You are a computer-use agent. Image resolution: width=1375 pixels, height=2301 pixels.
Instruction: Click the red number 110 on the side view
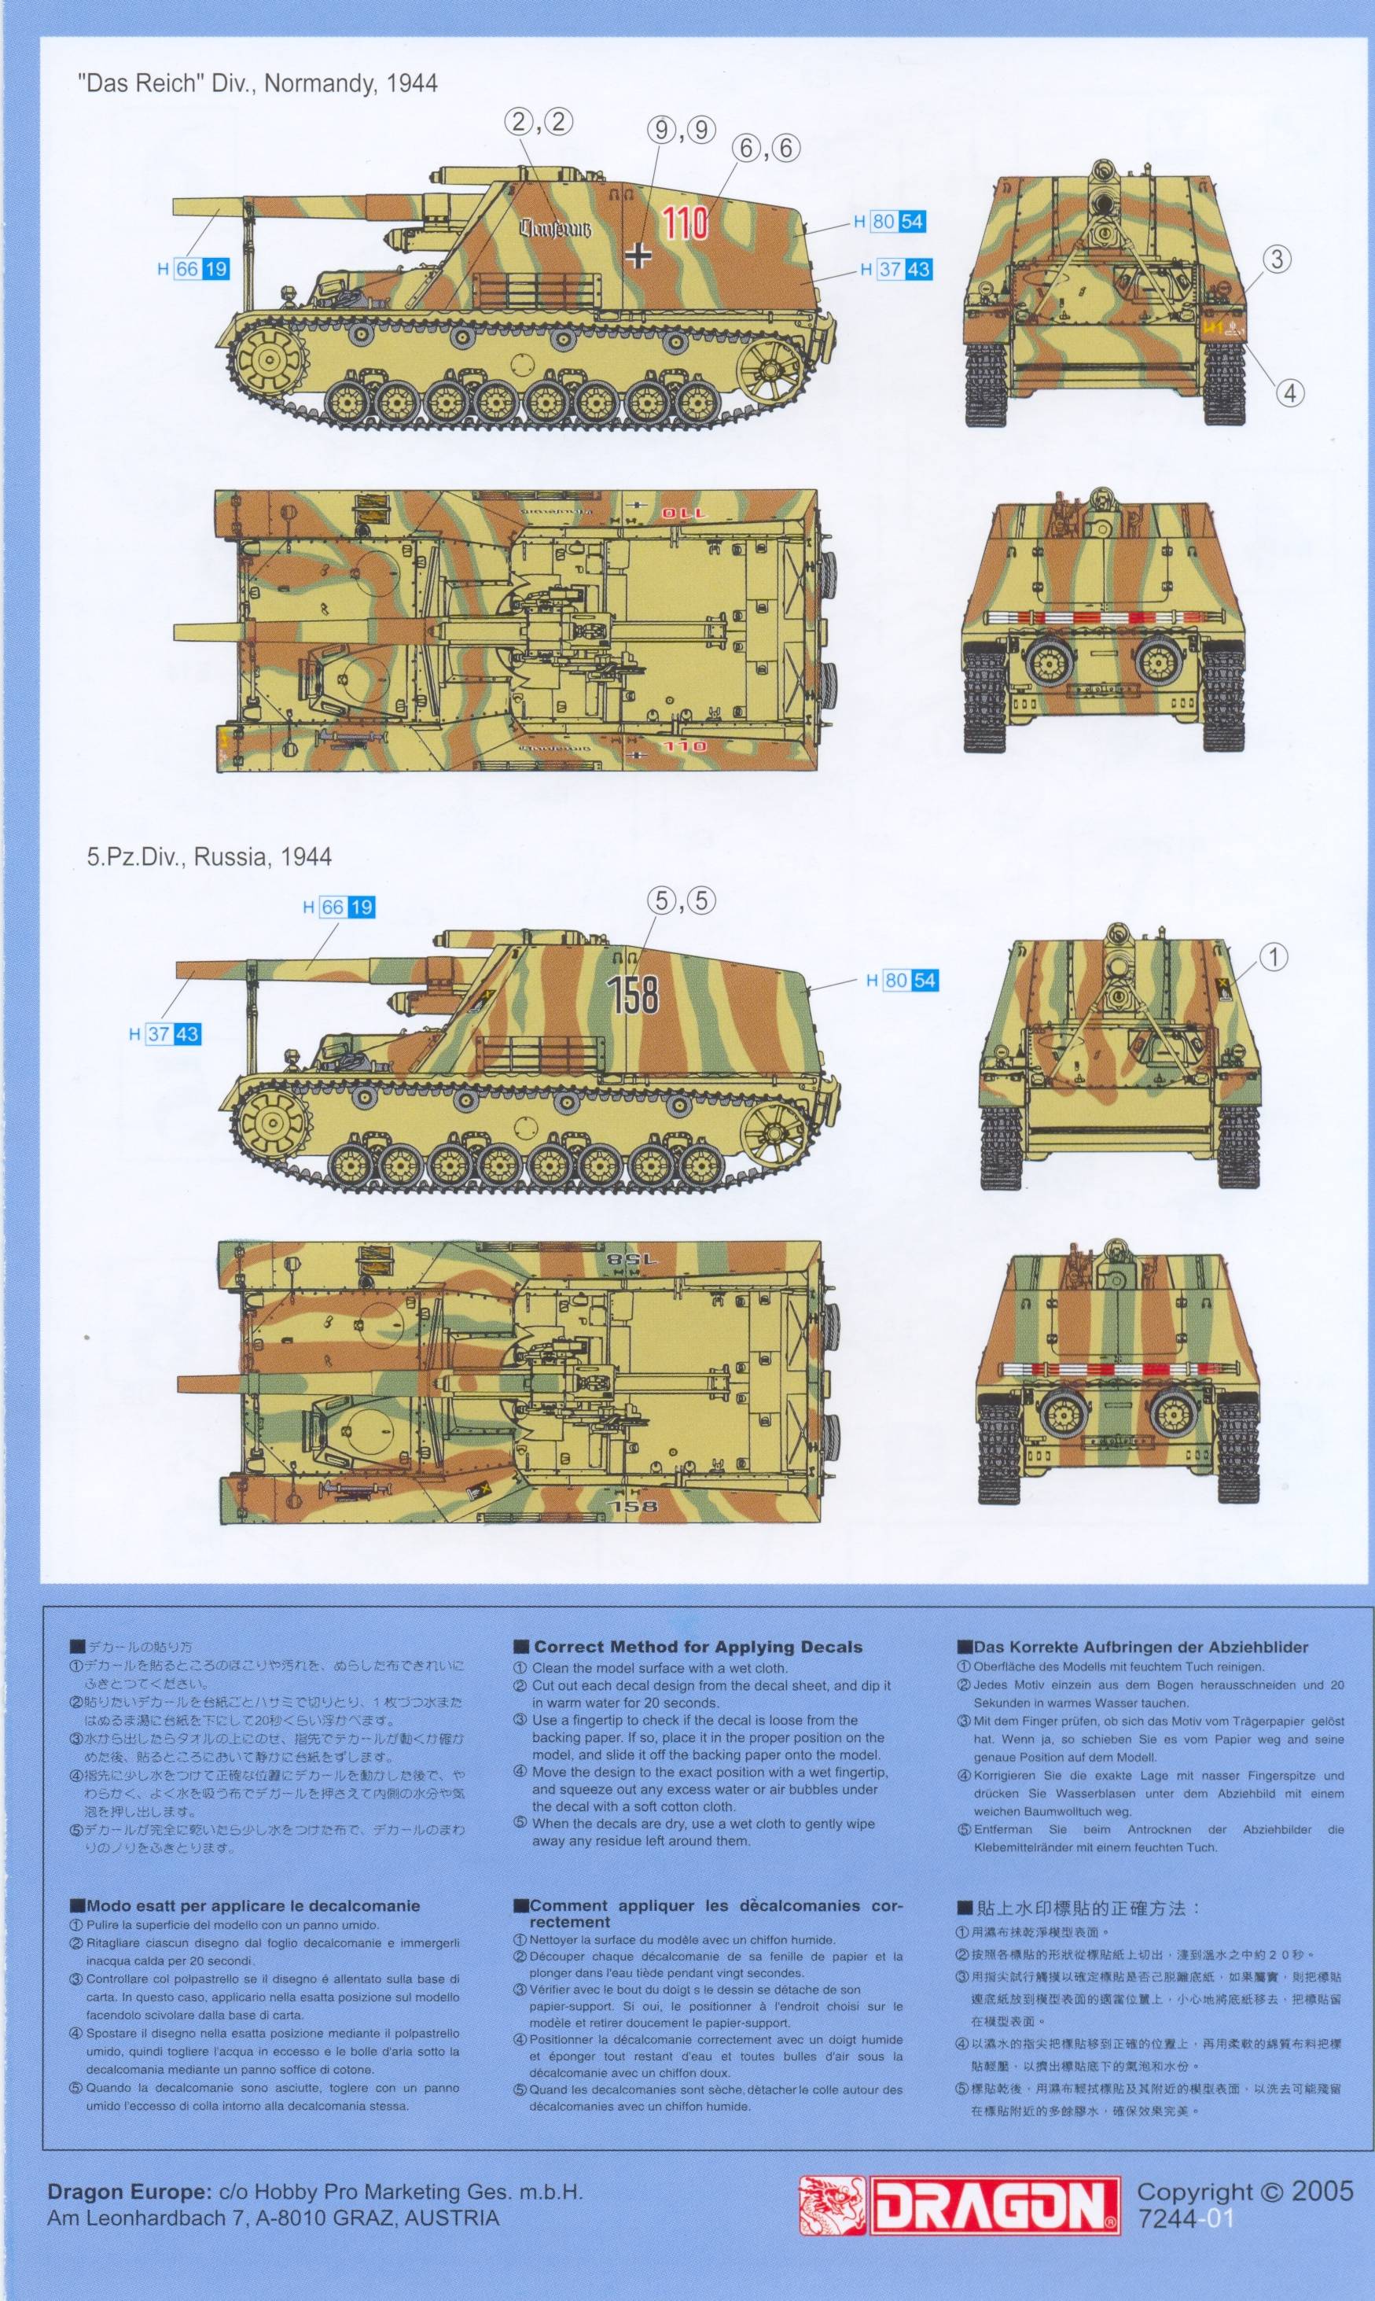(x=686, y=223)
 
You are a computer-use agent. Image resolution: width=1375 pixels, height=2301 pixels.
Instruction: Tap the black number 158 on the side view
(x=634, y=993)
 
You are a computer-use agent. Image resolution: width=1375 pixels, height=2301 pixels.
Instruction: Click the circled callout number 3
(x=1276, y=260)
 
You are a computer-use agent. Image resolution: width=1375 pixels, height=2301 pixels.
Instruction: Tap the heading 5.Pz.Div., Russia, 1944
(x=209, y=857)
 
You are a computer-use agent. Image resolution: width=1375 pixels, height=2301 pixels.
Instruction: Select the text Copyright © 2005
(x=1244, y=2192)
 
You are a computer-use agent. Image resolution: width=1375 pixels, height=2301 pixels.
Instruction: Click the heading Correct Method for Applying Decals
(x=697, y=1647)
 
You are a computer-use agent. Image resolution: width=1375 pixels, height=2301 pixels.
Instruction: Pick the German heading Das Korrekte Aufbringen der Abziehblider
(x=1140, y=1647)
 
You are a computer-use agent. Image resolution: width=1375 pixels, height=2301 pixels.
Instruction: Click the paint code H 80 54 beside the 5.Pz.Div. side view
(x=903, y=980)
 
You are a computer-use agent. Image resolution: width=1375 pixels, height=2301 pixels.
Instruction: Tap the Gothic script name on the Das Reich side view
(x=554, y=228)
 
